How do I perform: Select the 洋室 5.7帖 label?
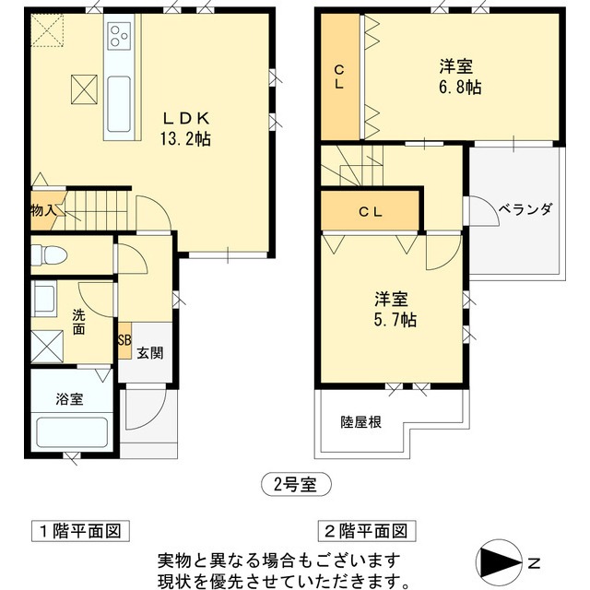[395, 309]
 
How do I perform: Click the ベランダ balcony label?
[525, 209]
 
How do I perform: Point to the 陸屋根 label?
[361, 422]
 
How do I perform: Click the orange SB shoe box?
[124, 339]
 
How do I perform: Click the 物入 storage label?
[43, 210]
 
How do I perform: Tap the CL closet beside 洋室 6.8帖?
[339, 77]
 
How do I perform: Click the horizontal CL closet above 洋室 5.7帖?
[371, 211]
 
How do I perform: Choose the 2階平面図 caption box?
[363, 531]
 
